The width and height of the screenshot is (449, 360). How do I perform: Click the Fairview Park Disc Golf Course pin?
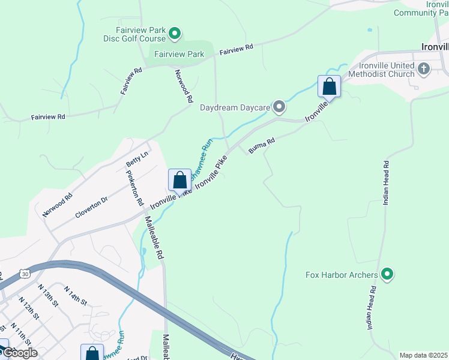[x=175, y=34]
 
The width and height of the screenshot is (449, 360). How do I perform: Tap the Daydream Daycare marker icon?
[x=279, y=108]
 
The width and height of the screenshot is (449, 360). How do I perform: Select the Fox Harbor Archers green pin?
[x=387, y=275]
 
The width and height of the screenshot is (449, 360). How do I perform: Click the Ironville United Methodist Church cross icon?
[x=424, y=68]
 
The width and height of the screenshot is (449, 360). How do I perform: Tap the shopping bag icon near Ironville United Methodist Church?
[x=329, y=86]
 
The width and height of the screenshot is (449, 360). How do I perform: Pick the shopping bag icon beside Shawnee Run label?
[x=179, y=179]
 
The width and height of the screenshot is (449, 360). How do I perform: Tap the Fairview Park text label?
[x=179, y=54]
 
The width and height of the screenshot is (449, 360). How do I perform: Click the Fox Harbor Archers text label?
[x=341, y=275]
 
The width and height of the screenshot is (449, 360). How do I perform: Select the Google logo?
[x=20, y=353]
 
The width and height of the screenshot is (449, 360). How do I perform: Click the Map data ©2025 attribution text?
[x=423, y=355]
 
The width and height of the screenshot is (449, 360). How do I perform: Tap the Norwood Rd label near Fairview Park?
[x=184, y=85]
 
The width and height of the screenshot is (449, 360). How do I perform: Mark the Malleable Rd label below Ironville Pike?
[x=154, y=238]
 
